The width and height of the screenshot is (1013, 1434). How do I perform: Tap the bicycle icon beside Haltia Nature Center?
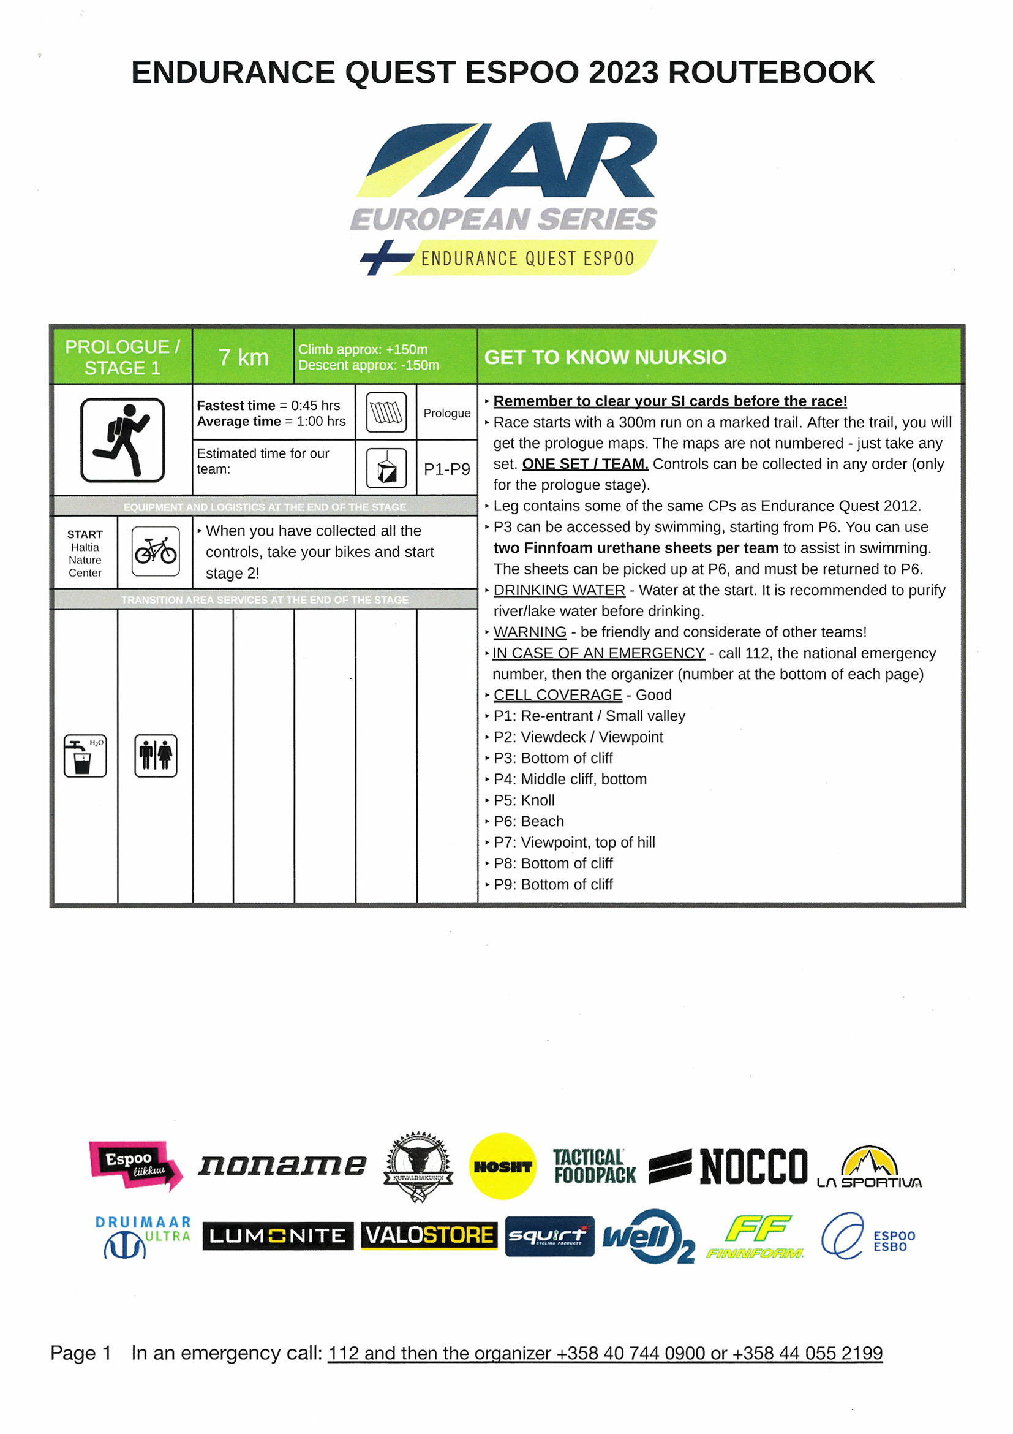point(156,551)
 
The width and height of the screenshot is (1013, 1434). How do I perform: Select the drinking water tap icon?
point(85,755)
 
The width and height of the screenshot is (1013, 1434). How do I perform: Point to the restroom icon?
point(156,755)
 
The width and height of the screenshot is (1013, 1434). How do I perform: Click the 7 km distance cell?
point(243,357)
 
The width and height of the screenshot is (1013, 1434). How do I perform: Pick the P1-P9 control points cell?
point(446,468)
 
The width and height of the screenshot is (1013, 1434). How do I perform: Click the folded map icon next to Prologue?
point(386,412)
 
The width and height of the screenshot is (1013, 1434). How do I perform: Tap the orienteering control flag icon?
point(386,468)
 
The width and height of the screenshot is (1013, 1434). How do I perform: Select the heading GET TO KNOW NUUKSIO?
point(605,357)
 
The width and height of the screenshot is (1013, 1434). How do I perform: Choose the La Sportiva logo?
point(869,1167)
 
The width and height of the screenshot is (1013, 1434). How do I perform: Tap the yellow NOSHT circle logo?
point(502,1166)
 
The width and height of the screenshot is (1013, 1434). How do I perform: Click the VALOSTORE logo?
point(429,1235)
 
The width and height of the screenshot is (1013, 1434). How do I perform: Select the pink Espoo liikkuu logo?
point(135,1165)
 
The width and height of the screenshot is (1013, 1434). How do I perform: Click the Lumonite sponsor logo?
point(277,1235)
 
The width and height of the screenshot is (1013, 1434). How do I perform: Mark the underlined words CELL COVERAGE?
point(557,694)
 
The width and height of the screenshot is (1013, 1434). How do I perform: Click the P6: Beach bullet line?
point(528,821)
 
